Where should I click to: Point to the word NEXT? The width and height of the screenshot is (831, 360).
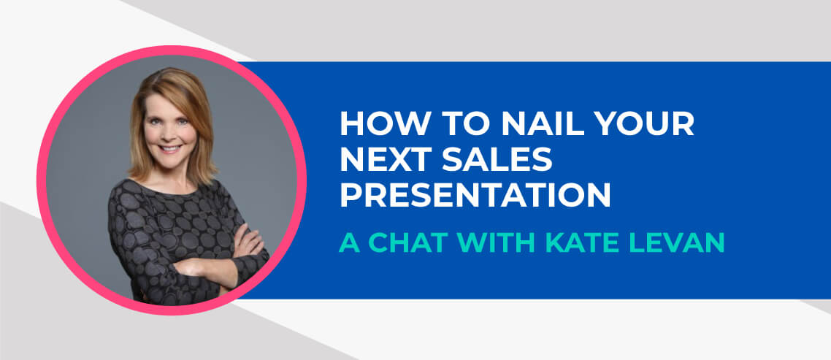pos(383,159)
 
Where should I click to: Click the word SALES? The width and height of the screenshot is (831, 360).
pos(497,159)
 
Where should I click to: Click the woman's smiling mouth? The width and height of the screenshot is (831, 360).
pos(171,149)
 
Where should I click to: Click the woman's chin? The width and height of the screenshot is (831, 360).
pos(172,161)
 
